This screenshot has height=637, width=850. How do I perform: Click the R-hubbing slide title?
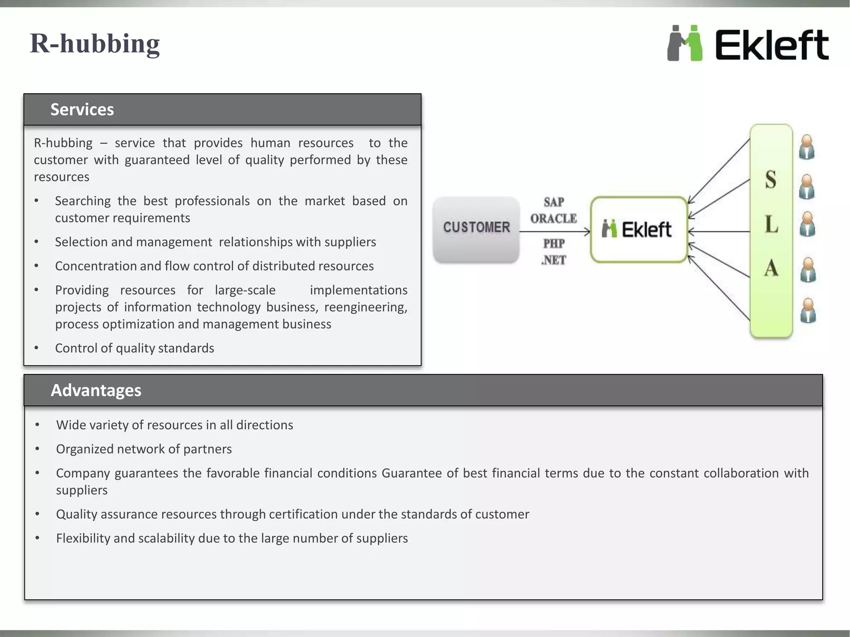(x=95, y=44)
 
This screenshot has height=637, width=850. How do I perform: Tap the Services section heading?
(x=82, y=109)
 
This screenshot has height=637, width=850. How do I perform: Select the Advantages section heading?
(x=96, y=390)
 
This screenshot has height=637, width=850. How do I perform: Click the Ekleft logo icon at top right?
(x=685, y=43)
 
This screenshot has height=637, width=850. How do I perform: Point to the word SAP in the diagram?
(x=554, y=202)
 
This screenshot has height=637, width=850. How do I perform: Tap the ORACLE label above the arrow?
(x=554, y=219)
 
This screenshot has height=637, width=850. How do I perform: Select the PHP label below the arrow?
(x=554, y=243)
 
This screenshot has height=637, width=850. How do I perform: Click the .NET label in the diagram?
(x=554, y=260)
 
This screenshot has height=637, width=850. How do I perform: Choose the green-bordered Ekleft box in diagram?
(x=638, y=229)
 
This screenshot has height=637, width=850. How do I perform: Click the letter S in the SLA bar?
(x=771, y=180)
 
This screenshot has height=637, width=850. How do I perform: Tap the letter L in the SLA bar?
(x=771, y=225)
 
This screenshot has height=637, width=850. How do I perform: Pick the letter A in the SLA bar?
(x=771, y=268)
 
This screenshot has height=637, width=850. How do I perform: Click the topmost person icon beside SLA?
(x=806, y=147)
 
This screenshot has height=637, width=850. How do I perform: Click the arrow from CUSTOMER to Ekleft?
(x=554, y=231)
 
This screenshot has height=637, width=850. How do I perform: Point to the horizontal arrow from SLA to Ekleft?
(x=719, y=231)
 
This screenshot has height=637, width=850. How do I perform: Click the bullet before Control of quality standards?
(x=37, y=348)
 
